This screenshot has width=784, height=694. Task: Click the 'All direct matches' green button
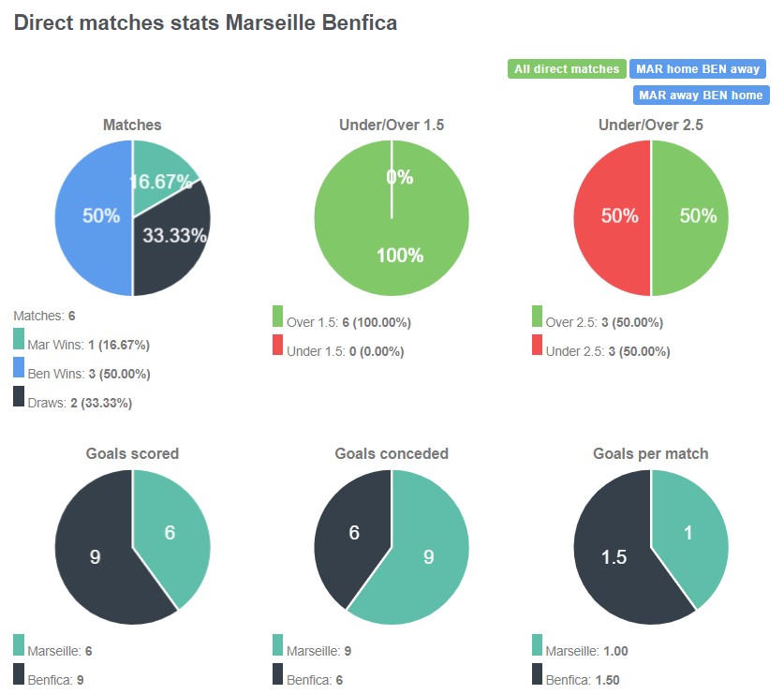pos(567,68)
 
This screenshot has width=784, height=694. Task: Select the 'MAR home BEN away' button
pos(698,68)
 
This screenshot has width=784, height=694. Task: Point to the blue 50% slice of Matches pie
pos(94,217)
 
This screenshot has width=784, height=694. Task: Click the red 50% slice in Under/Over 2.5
pos(613,217)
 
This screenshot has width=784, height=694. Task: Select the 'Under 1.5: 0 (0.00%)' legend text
pos(345,351)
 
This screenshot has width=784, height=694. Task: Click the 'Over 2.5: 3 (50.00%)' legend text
pos(603,322)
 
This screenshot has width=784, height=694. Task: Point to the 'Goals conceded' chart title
pos(392,453)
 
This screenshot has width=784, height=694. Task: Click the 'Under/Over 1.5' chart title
pos(392,125)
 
